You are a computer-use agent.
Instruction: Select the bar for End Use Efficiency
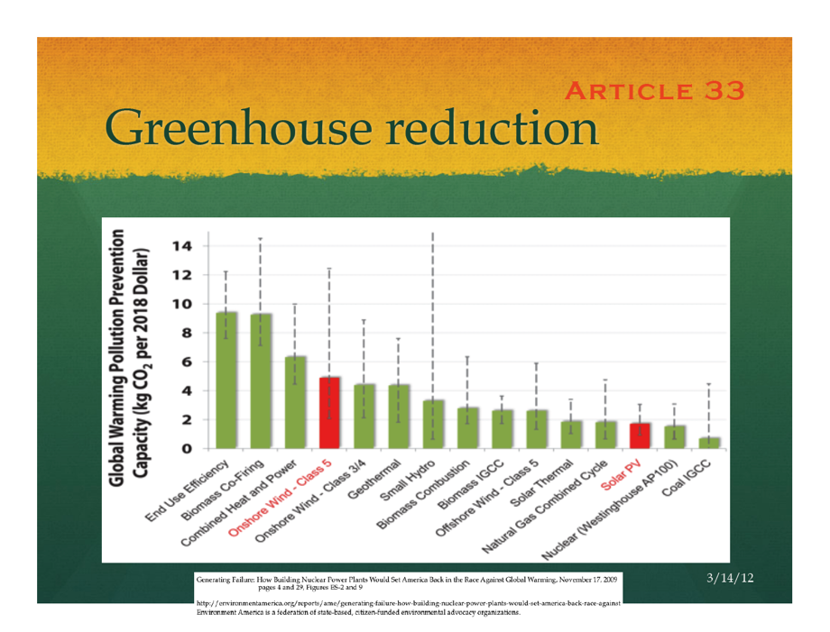[x=226, y=380]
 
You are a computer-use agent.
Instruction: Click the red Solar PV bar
[x=640, y=435]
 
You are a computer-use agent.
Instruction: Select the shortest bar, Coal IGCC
[x=709, y=443]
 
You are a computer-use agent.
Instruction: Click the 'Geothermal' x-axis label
[x=378, y=477]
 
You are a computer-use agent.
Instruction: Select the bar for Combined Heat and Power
[x=295, y=402]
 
